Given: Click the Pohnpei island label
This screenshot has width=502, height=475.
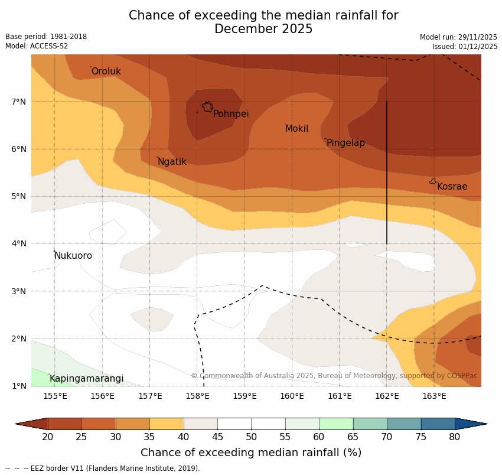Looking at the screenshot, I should [x=231, y=114].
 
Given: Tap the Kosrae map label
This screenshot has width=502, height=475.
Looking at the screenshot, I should [x=452, y=187].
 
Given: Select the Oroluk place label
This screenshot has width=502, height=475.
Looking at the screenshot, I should [x=106, y=71].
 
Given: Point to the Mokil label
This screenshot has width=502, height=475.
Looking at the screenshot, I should [x=296, y=129].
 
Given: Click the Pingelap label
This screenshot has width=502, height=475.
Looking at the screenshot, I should [x=345, y=143].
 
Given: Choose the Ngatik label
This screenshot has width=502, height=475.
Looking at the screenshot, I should [x=172, y=162].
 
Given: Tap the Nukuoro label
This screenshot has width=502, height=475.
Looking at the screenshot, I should [x=73, y=256].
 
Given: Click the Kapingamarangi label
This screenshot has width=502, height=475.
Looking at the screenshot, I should [x=86, y=379].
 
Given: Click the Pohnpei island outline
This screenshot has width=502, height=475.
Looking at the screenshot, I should [x=207, y=106].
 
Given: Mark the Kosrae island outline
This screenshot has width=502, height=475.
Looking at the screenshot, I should [x=433, y=181].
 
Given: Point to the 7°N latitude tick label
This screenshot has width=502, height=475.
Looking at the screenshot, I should [x=19, y=102].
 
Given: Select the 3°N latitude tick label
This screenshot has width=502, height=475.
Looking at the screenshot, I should [x=19, y=291].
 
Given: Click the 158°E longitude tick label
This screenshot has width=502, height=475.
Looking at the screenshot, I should [x=197, y=396].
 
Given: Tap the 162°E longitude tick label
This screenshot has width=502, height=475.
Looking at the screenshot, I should [x=387, y=396].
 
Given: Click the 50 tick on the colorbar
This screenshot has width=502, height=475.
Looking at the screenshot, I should [x=252, y=437].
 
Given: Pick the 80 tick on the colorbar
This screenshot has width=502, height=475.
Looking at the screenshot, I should [x=455, y=437].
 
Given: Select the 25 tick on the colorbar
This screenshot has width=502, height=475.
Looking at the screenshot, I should [x=82, y=437].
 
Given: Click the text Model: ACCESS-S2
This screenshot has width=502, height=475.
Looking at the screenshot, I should [x=37, y=46].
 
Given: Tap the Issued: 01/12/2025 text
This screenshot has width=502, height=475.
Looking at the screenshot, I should [x=465, y=46].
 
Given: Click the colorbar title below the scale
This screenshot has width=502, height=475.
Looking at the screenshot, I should [x=251, y=453].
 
